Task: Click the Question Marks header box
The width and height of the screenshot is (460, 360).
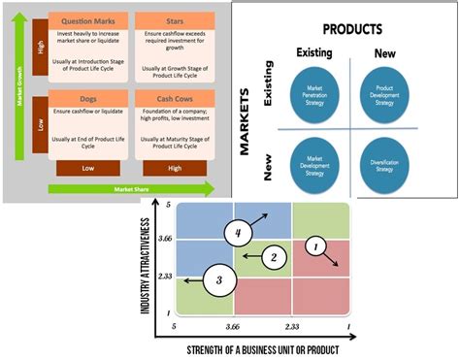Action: pos(89,20)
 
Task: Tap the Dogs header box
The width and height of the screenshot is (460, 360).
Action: pos(89,99)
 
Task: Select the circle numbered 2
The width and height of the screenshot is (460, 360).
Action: pos(275,256)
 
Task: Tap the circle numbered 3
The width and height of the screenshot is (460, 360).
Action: pos(220,279)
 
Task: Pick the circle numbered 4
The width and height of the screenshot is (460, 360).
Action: pos(239,234)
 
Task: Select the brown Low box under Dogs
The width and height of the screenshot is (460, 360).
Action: pos(89,168)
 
